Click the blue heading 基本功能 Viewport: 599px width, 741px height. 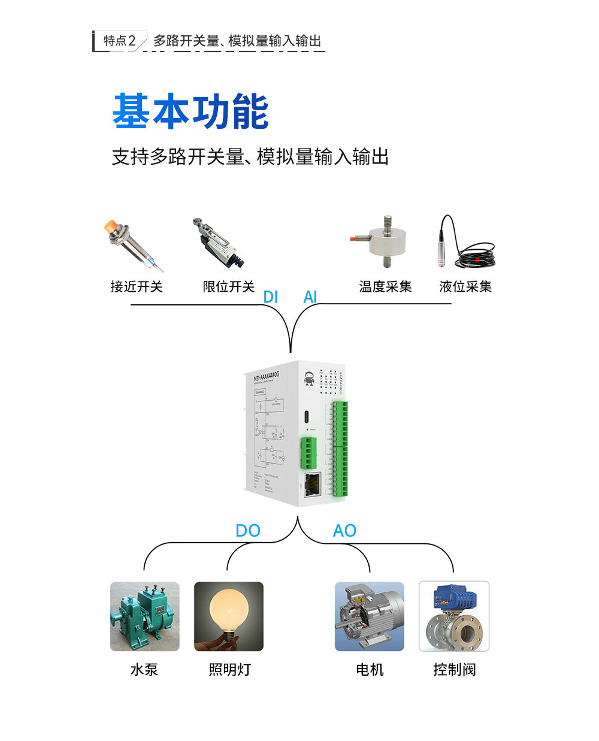click(190, 111)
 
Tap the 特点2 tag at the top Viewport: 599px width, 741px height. click(119, 41)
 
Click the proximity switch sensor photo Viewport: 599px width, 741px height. click(133, 244)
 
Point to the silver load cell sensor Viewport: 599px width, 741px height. click(383, 242)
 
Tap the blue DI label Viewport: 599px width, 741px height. click(271, 297)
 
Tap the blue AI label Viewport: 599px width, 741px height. click(310, 297)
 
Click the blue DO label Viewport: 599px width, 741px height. click(247, 530)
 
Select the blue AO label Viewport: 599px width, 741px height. click(344, 530)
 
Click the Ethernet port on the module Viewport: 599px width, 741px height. click(311, 484)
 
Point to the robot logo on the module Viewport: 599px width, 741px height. click(309, 378)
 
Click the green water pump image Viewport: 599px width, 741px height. click(144, 616)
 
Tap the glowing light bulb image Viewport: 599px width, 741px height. click(229, 616)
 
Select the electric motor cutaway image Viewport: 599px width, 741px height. click(370, 616)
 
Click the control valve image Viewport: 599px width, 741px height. click(454, 616)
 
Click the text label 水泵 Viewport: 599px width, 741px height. click(144, 669)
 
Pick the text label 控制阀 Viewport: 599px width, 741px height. click(454, 669)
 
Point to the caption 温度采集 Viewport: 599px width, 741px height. click(385, 286)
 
